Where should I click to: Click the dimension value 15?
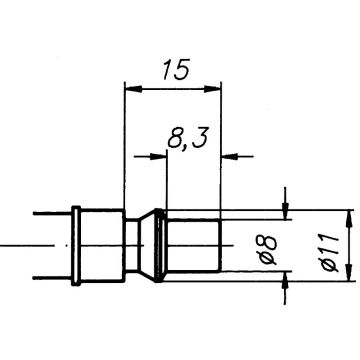171,71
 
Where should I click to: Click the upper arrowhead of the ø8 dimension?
286,210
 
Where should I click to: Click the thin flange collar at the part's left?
76,243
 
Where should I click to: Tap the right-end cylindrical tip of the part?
192,243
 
